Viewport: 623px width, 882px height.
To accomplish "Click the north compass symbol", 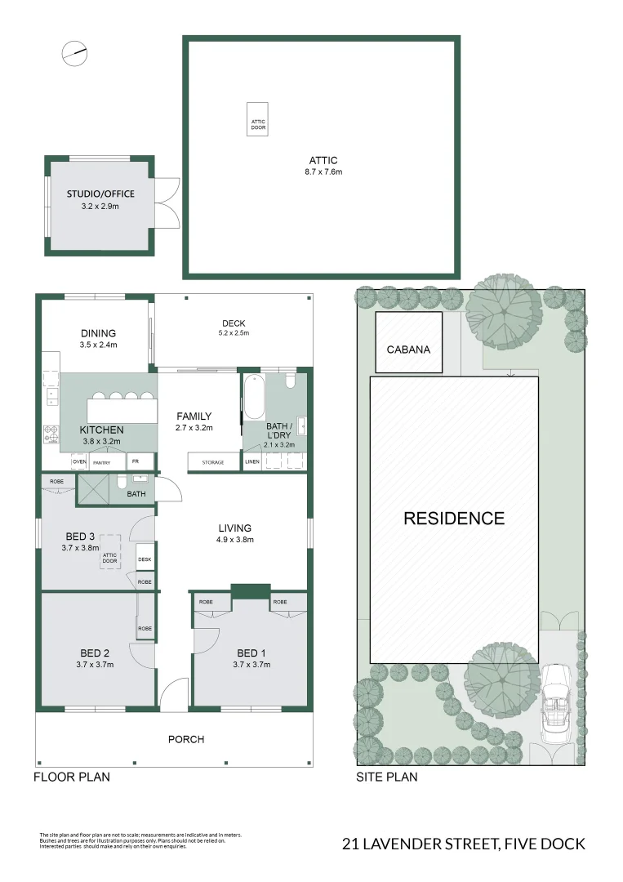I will pyautogui.click(x=73, y=53).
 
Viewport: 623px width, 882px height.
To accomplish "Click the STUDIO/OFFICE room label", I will pyautogui.click(x=100, y=194).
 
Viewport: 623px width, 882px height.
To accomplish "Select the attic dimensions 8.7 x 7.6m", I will pyautogui.click(x=323, y=172).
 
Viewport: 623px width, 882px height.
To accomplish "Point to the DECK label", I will pyautogui.click(x=234, y=323).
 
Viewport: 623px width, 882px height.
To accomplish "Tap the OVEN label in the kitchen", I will pyautogui.click(x=79, y=462).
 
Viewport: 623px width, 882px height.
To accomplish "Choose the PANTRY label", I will pyautogui.click(x=102, y=462).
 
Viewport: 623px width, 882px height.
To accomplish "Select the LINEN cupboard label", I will pyautogui.click(x=253, y=462).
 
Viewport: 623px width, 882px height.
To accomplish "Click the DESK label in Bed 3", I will pyautogui.click(x=145, y=559).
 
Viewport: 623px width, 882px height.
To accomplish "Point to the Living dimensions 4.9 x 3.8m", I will pyautogui.click(x=234, y=540).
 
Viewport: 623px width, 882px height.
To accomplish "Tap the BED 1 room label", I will pyautogui.click(x=251, y=653).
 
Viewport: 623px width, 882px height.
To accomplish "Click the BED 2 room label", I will pyautogui.click(x=95, y=653).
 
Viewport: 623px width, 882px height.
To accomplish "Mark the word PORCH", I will pyautogui.click(x=186, y=739).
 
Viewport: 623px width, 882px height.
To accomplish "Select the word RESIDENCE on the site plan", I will pyautogui.click(x=454, y=518).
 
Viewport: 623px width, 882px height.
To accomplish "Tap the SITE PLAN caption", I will pyautogui.click(x=386, y=777).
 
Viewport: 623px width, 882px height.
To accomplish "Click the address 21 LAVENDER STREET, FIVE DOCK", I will pyautogui.click(x=464, y=844).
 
